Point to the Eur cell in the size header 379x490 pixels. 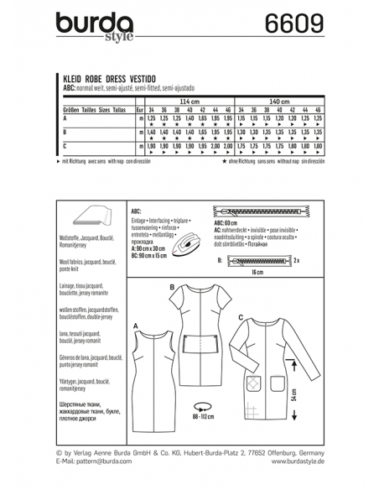[139, 109]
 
